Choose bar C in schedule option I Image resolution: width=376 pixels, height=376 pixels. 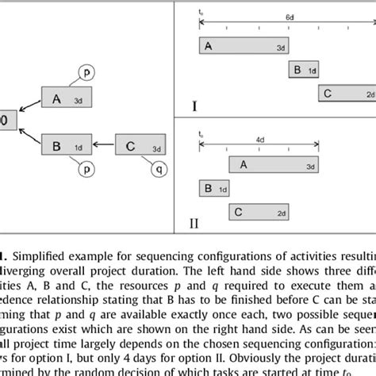point(345,94)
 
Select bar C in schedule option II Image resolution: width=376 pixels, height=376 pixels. point(257,212)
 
